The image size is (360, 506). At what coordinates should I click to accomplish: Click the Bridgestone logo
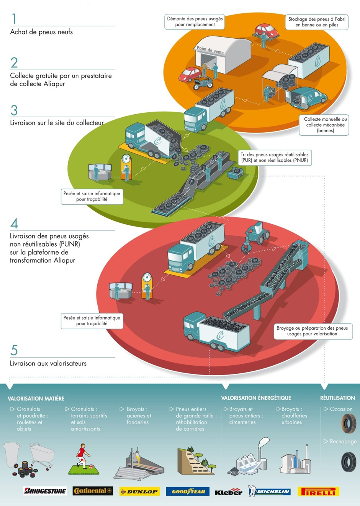(45, 491)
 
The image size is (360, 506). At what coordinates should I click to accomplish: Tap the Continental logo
(93, 491)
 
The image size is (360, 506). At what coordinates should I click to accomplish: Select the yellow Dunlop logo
(139, 491)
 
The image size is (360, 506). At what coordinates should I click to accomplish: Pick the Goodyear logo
(188, 491)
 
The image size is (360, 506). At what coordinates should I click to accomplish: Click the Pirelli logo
(319, 491)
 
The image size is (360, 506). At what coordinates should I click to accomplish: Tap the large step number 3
(14, 110)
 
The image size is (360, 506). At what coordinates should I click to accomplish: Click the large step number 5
(14, 350)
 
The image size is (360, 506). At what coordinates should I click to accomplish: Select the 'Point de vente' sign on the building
(210, 50)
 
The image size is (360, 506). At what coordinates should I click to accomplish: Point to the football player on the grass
(83, 456)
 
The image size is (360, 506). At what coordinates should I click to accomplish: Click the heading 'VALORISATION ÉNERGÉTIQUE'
(256, 398)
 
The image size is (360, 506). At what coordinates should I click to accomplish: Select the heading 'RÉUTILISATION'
(337, 398)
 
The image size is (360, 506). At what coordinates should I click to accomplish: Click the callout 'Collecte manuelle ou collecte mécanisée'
(324, 125)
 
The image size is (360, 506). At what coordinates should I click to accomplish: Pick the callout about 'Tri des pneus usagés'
(275, 158)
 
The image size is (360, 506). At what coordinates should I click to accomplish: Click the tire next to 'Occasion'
(349, 423)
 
